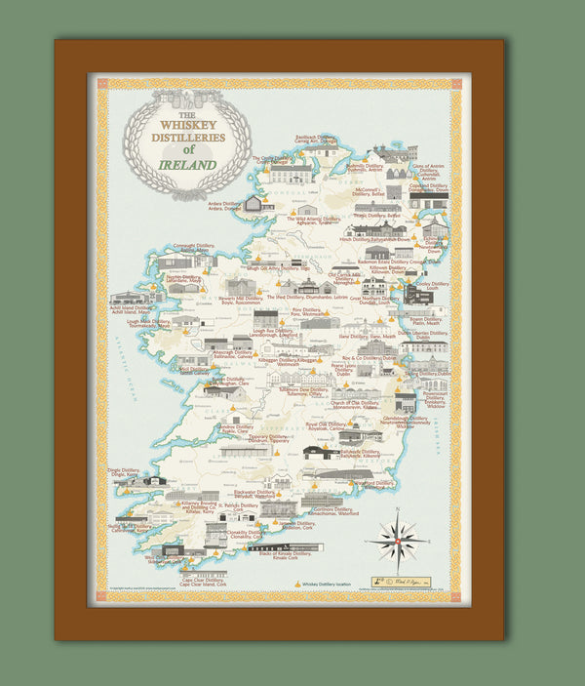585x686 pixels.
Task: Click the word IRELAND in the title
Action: [x=186, y=163]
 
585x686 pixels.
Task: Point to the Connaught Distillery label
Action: [x=193, y=248]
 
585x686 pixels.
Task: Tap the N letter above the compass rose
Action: [x=398, y=510]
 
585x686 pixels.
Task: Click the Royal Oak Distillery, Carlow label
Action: [x=325, y=426]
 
